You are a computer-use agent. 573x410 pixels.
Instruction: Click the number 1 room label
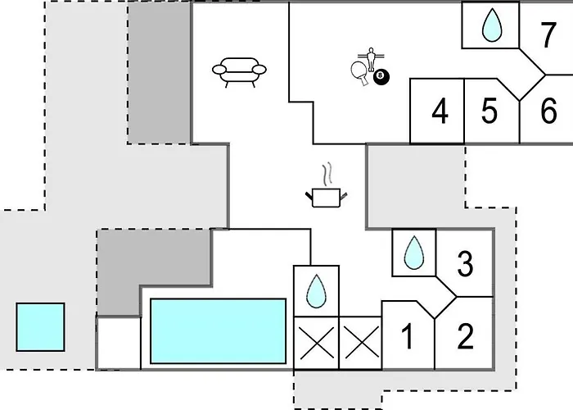pyautogui.click(x=407, y=336)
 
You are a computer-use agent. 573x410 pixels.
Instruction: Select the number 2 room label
pyautogui.click(x=465, y=336)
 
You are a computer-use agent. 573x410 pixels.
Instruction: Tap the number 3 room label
pyautogui.click(x=465, y=263)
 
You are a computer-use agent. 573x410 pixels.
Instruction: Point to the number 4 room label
pyautogui.click(x=440, y=111)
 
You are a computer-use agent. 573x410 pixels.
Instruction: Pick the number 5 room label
pyautogui.click(x=490, y=111)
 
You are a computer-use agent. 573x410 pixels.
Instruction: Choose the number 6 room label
pyautogui.click(x=548, y=110)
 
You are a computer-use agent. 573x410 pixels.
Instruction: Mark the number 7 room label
pyautogui.click(x=548, y=35)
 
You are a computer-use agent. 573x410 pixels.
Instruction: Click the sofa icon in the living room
pyautogui.click(x=239, y=72)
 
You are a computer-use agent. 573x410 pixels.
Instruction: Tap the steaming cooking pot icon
pyautogui.click(x=327, y=185)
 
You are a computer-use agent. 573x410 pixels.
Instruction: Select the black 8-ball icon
pyautogui.click(x=381, y=76)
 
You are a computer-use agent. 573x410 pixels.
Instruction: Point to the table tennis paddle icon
pyautogui.click(x=360, y=73)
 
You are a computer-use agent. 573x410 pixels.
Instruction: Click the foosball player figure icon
pyautogui.click(x=372, y=58)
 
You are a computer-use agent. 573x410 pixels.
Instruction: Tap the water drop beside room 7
pyautogui.click(x=492, y=25)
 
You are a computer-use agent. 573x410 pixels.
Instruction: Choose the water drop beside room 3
pyautogui.click(x=414, y=253)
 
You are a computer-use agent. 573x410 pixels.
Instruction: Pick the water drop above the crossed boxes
pyautogui.click(x=316, y=291)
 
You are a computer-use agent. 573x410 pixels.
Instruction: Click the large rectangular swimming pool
pyautogui.click(x=219, y=331)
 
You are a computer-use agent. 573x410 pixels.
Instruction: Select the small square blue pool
pyautogui.click(x=40, y=327)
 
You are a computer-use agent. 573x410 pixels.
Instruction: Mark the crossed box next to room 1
pyautogui.click(x=361, y=343)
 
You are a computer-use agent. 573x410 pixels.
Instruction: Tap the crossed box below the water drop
pyautogui.click(x=317, y=343)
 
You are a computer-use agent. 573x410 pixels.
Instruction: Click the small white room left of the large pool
pyautogui.click(x=119, y=344)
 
